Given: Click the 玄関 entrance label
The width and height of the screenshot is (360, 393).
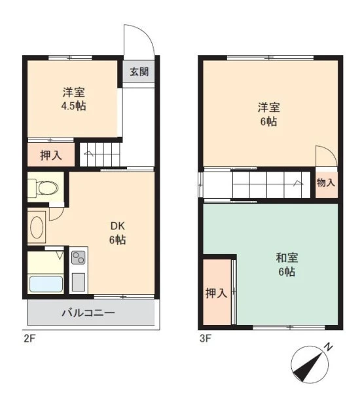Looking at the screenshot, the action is (x=139, y=72).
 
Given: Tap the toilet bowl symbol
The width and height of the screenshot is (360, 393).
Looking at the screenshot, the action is (x=48, y=187).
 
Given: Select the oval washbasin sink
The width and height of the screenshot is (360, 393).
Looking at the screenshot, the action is (x=37, y=227).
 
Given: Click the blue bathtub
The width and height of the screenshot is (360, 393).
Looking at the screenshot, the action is (x=46, y=284).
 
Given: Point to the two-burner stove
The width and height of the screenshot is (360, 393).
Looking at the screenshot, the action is (x=79, y=257).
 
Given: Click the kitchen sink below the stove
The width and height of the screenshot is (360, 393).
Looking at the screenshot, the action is (x=79, y=282).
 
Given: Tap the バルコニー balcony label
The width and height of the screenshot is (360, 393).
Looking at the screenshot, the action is (x=88, y=313).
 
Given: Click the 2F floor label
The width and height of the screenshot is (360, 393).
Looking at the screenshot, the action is (x=29, y=339).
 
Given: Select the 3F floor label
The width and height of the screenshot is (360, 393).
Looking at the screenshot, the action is (x=205, y=339).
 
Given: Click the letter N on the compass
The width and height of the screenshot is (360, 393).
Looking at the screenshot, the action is (x=328, y=347).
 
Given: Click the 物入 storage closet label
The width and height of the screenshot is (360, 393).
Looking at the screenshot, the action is (x=326, y=183).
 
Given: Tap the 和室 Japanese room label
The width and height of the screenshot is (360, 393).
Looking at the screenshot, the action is (x=287, y=257).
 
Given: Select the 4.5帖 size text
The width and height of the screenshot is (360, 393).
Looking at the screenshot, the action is (x=74, y=106).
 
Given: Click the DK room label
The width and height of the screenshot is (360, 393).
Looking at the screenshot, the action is (x=118, y=227).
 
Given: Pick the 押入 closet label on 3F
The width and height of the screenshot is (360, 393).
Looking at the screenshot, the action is (x=217, y=293).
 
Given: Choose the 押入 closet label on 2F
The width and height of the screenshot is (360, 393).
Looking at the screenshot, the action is (x=51, y=155).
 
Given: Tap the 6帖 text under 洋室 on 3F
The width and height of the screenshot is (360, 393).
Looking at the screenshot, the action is (x=268, y=122).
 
